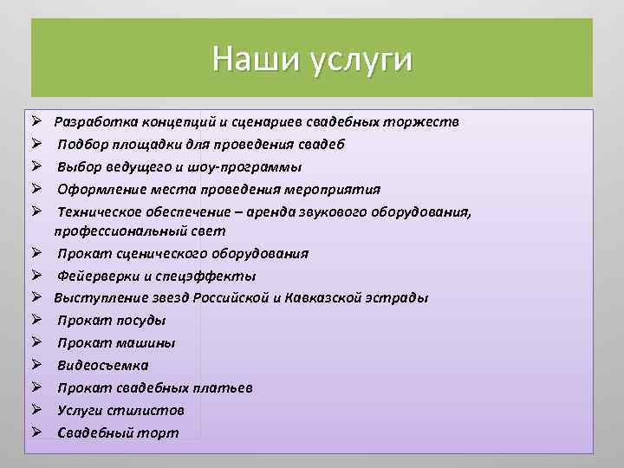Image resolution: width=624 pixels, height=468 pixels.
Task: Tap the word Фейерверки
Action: click(98, 276)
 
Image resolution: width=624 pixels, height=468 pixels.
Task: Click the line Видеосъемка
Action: click(102, 365)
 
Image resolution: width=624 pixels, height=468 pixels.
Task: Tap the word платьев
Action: click(224, 387)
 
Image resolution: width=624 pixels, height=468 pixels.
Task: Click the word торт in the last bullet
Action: click(160, 432)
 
